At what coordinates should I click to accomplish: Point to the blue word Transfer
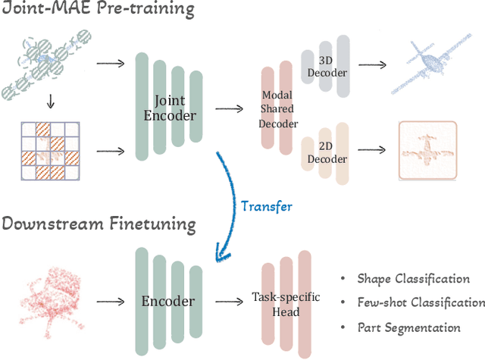265,205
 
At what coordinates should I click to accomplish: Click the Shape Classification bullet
413,279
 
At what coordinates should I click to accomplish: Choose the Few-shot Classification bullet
421,302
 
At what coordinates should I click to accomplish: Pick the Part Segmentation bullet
408,327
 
